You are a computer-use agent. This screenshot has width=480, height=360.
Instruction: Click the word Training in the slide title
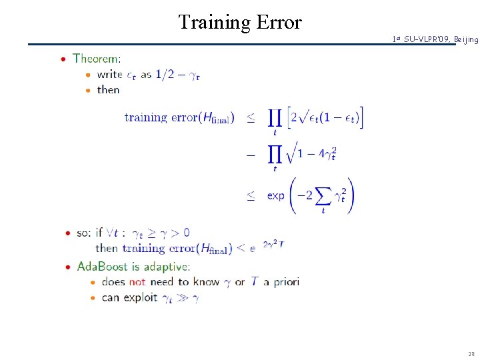pyautogui.click(x=213, y=23)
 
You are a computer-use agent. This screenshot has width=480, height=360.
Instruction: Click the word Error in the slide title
pyautogui.click(x=277, y=23)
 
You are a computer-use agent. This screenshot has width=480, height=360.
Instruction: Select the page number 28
pyautogui.click(x=472, y=353)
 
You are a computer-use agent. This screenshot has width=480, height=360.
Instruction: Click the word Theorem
pyautogui.click(x=97, y=59)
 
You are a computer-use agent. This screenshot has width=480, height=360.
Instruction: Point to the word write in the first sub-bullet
pyautogui.click(x=109, y=75)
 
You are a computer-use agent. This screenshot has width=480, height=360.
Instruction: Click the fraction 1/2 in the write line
pyautogui.click(x=167, y=75)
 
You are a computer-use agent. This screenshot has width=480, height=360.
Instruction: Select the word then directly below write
pyautogui.click(x=108, y=89)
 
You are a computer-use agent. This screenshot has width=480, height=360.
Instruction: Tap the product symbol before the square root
pyautogui.click(x=274, y=155)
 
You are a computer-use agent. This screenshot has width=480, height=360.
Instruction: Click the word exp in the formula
pyautogui.click(x=276, y=196)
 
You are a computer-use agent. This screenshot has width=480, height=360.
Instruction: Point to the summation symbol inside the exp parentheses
pyautogui.click(x=323, y=196)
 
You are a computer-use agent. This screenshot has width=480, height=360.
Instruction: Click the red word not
pyautogui.click(x=137, y=282)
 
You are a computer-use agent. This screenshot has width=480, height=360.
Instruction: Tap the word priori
pyautogui.click(x=285, y=282)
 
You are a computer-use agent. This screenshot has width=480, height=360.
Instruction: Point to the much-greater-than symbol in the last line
pyautogui.click(x=181, y=297)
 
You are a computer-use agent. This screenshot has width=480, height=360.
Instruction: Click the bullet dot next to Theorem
pyautogui.click(x=63, y=59)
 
